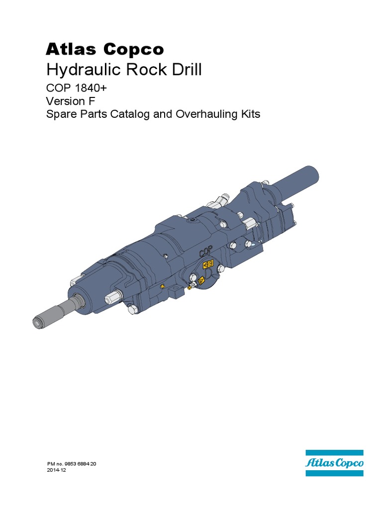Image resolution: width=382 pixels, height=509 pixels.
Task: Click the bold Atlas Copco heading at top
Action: tap(104, 49)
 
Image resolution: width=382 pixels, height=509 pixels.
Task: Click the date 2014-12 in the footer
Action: tap(56, 470)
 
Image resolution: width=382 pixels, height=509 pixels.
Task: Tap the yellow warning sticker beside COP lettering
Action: tap(210, 263)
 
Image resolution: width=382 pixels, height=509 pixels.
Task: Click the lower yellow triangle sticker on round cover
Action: tap(201, 281)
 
